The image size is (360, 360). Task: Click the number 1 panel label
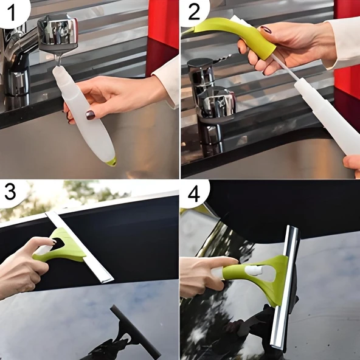coord(12,13)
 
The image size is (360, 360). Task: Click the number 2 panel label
coord(194,13)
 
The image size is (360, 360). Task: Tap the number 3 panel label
coord(10,192)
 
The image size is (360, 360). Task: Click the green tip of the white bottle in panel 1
coord(112,162)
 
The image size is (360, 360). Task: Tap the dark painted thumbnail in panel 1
coord(90,115)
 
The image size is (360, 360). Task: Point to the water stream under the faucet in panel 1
coord(57,60)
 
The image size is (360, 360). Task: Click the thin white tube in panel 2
coord(285,68)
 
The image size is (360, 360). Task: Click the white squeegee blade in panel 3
coord(79,247)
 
